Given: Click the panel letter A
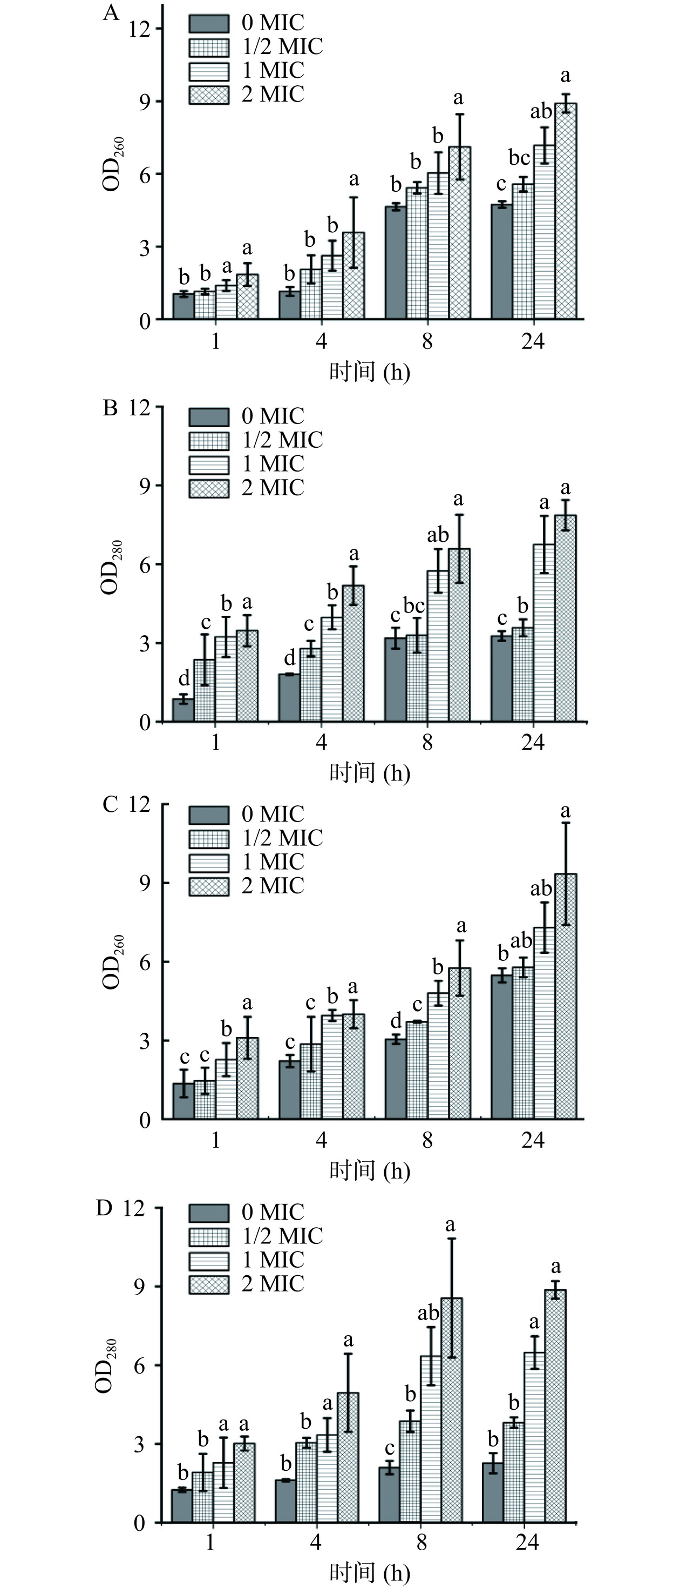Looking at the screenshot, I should point(111,13).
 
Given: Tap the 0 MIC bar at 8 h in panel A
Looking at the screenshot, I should point(396,263).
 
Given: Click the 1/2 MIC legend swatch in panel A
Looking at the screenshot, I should point(209,48).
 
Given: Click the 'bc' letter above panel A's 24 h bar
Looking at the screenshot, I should point(519,158).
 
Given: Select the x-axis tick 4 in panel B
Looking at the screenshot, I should point(322,742).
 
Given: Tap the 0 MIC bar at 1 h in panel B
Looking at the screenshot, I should point(183,710).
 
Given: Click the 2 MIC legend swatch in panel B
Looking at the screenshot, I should point(209,488).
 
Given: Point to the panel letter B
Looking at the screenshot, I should point(111,409).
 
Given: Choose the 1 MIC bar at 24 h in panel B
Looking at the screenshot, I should point(544,633).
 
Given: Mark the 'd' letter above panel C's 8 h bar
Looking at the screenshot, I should point(396,1020).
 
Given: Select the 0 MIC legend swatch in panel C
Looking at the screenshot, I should point(209,815).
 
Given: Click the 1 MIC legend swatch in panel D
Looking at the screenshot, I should point(209,1260).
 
